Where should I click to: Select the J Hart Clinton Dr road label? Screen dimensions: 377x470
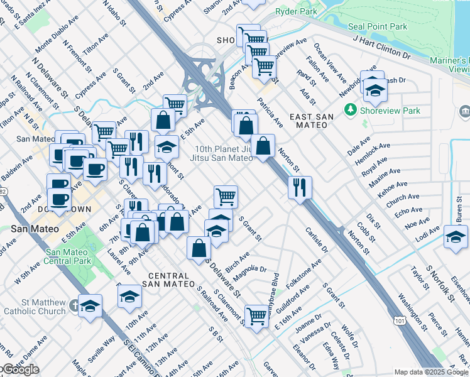coord(381,47)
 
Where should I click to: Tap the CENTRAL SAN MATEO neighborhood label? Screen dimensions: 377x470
coord(169,280)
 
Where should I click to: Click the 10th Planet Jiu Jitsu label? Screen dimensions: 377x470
coord(222,154)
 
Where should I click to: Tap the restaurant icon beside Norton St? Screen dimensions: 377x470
coord(300,187)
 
